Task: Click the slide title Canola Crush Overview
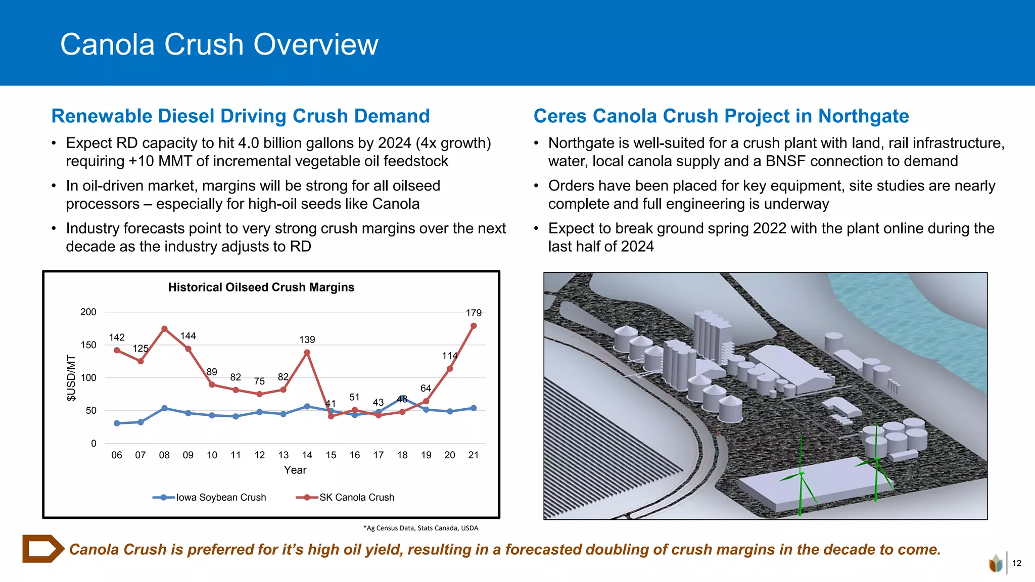tap(219, 44)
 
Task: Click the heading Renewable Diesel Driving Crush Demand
tap(241, 116)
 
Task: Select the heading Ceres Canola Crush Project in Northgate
tap(721, 116)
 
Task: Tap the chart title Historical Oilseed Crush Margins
tap(261, 287)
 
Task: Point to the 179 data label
tap(474, 313)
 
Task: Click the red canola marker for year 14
tap(307, 353)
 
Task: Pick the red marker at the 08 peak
tap(164, 329)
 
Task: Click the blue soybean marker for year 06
tap(117, 423)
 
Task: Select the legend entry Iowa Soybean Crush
tap(210, 498)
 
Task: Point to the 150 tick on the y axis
tap(88, 345)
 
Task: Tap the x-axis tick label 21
tap(474, 455)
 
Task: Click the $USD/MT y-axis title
tap(71, 378)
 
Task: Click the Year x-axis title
tap(295, 470)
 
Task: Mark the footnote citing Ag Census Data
tap(420, 528)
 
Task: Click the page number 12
tap(1017, 563)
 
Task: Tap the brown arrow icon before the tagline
tap(43, 549)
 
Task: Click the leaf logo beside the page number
tap(996, 563)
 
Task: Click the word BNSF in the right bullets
tap(785, 161)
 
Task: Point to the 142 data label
tap(117, 337)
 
